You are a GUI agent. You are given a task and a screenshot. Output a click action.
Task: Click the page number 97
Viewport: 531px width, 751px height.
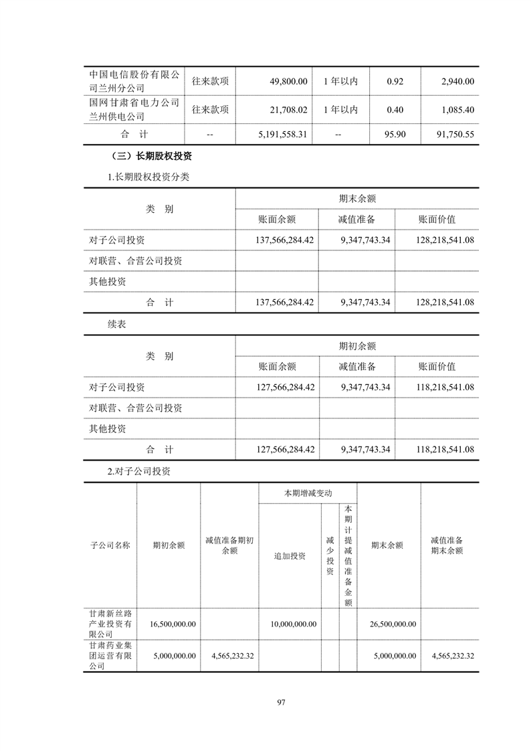(281, 702)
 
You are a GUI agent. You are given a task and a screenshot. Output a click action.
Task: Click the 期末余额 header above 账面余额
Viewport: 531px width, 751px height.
(357, 199)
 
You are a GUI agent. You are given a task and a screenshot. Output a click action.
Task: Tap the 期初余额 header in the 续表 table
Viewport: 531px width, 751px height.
(357, 346)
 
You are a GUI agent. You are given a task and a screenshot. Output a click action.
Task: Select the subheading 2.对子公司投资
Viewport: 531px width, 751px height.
(139, 471)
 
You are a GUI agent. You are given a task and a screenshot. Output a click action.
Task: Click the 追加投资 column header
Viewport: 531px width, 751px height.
(290, 556)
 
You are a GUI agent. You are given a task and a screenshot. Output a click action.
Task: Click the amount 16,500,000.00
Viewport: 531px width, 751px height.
(169, 624)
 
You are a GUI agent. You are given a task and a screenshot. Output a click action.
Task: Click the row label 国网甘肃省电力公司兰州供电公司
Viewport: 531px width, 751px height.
(134, 110)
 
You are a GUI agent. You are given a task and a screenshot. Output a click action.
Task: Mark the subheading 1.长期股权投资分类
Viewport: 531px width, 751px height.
(148, 177)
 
